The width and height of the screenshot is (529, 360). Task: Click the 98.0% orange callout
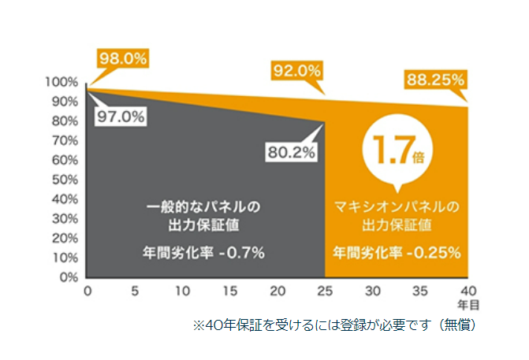click(x=122, y=58)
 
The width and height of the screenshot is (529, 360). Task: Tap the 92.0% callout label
click(x=297, y=72)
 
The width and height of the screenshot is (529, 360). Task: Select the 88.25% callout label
click(x=435, y=80)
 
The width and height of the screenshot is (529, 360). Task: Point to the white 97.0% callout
click(x=121, y=116)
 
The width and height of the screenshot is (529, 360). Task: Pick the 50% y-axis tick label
click(x=64, y=180)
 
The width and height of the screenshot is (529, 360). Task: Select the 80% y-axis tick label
click(x=64, y=121)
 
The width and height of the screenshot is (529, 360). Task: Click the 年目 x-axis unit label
click(x=468, y=303)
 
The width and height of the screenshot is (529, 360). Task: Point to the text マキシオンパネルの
click(x=397, y=208)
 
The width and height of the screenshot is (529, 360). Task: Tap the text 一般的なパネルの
click(x=203, y=208)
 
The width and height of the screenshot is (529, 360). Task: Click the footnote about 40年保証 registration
click(x=334, y=324)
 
